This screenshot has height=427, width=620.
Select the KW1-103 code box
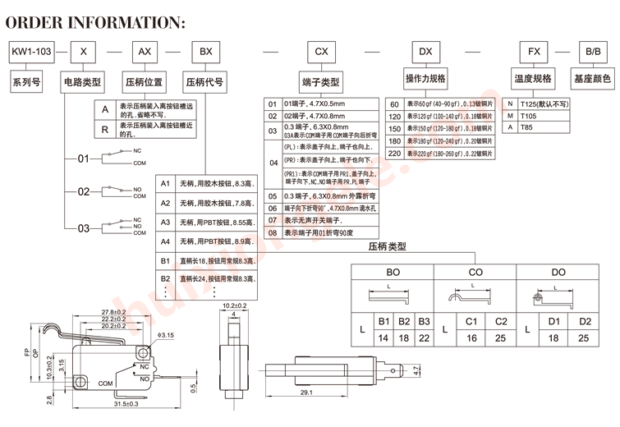pos(30,52)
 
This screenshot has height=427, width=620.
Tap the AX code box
pos(144,52)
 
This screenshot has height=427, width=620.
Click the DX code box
pos(425,52)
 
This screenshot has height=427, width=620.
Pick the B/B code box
pos(592,52)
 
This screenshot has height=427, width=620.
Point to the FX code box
pos(533,52)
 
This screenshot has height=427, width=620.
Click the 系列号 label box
pos(24,81)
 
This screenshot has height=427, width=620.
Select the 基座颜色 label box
pos(592,80)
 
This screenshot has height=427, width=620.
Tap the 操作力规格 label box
pos(425,79)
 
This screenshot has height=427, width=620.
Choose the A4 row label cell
pos(165,241)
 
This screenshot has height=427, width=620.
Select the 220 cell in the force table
pos(394,154)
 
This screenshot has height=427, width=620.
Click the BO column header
pos(393,271)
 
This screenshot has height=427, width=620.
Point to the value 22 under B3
pos(424,337)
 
